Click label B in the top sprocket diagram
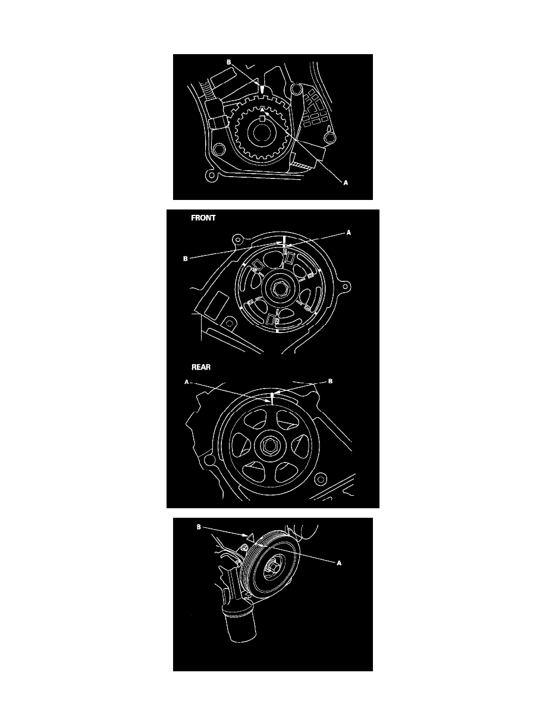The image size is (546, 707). pos(229,62)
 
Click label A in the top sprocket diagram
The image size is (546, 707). pos(346,183)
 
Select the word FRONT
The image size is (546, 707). pos(203,218)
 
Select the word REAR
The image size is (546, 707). pos(201,367)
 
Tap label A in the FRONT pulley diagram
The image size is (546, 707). pos(348,233)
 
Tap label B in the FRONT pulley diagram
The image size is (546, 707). pos(185,259)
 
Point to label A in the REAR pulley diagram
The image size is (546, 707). pos(187,382)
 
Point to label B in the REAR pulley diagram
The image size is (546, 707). pos(330,381)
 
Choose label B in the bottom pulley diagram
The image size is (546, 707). pos(199,527)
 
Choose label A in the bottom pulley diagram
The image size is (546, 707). pos(339,563)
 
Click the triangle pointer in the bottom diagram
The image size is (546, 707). pos(250,536)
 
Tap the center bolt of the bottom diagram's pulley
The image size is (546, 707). pos(274,568)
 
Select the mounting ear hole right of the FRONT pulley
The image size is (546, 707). pos(346,284)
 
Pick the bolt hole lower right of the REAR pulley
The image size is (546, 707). pos(321,478)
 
